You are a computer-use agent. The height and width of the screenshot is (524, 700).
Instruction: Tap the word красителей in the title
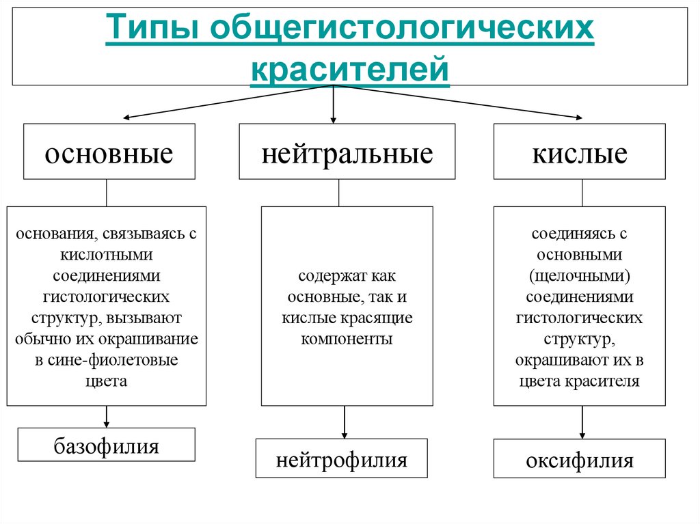click(x=350, y=70)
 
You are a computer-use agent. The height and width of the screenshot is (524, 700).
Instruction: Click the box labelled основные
click(x=109, y=152)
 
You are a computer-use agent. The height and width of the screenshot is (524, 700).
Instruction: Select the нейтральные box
click(x=347, y=152)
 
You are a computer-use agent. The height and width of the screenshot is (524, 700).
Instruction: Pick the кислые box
click(x=580, y=152)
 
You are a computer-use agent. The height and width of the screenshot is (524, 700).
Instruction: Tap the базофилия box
click(x=106, y=447)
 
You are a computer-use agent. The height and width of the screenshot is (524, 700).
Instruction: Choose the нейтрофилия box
click(x=341, y=459)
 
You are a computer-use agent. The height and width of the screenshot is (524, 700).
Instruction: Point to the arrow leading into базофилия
click(x=106, y=416)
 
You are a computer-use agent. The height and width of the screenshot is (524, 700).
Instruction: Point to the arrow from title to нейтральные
click(x=334, y=104)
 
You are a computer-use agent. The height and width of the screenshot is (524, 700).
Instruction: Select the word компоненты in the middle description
click(x=347, y=339)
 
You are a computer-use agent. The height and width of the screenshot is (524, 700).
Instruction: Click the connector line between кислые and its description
click(x=582, y=193)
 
